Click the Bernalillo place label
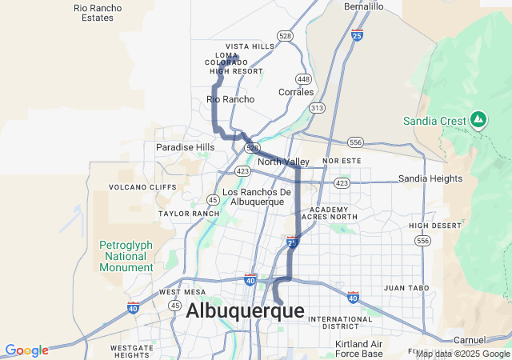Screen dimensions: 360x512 click(x=364, y=6)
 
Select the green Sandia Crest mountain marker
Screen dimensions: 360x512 click(x=478, y=120)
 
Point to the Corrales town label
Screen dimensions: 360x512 click(x=296, y=92)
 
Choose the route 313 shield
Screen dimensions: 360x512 click(x=318, y=107)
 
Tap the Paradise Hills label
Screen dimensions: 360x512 click(x=185, y=147)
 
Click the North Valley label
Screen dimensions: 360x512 click(x=284, y=162)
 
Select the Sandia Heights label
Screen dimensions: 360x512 click(x=430, y=178)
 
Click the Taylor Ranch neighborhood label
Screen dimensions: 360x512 click(x=189, y=214)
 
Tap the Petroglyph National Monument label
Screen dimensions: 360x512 click(x=126, y=256)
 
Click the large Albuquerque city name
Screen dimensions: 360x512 click(x=245, y=311)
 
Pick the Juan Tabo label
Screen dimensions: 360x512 click(x=406, y=287)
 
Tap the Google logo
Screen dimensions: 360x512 click(x=26, y=350)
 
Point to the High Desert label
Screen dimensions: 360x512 click(x=435, y=226)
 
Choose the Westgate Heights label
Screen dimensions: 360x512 click(x=132, y=351)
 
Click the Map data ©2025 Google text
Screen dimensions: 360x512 click(x=462, y=354)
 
